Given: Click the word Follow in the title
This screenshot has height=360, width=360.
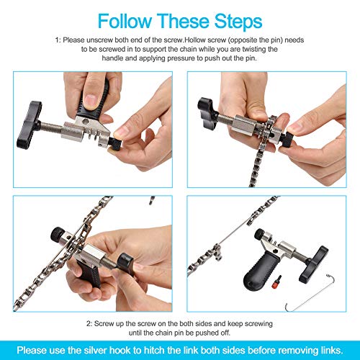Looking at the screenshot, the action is [x=125, y=21].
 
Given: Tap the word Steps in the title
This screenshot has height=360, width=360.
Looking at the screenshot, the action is [x=238, y=22].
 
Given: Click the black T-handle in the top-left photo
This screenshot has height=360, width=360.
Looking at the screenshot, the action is [x=29, y=125].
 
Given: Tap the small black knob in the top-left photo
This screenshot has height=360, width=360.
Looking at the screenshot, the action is [x=114, y=143].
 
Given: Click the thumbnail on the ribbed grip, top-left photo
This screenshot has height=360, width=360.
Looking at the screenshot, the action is [x=91, y=101].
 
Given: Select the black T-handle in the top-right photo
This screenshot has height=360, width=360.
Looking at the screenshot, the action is [x=207, y=112].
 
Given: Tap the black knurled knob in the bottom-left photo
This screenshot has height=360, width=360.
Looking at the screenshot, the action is [x=58, y=234].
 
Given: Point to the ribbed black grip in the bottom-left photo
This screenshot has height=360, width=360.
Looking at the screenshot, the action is [x=89, y=274].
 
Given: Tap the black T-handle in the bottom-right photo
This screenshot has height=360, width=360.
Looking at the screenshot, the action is [x=315, y=264].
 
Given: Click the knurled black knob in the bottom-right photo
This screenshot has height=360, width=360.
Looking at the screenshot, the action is [x=260, y=234].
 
